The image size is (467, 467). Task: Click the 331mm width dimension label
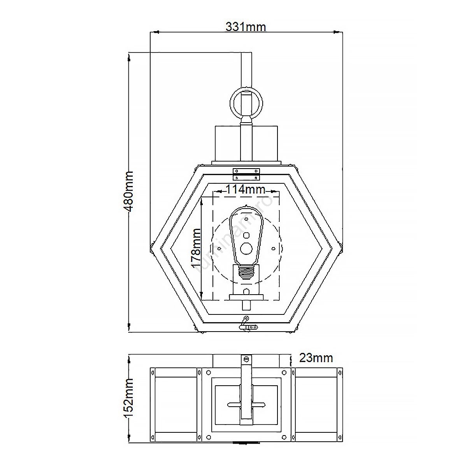coord(246,27)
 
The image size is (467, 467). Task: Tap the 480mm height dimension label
coord(128,191)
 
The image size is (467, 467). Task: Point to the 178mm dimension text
coord(196,249)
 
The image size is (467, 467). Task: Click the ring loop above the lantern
coord(246,102)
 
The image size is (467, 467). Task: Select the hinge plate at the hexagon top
coord(246,174)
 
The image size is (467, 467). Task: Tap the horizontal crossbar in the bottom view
coord(246,404)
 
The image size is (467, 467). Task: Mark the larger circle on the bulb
coord(246,248)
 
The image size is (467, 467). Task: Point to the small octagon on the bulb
coord(246,235)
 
